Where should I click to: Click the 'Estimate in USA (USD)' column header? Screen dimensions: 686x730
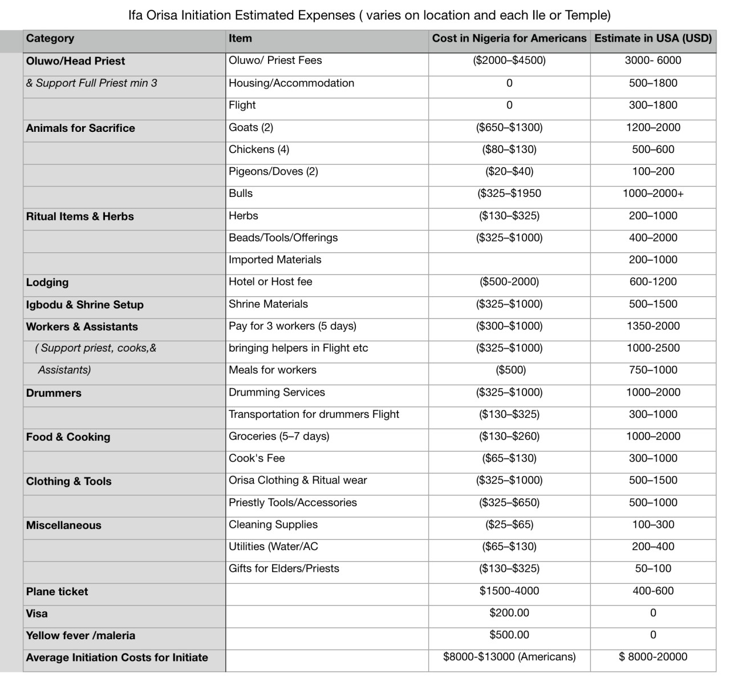(x=653, y=38)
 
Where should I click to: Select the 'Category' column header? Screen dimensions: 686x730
(x=50, y=38)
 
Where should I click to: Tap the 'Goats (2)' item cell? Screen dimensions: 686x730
(x=251, y=127)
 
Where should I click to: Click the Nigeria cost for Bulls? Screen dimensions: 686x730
(x=509, y=193)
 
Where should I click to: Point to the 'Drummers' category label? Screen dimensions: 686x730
(x=54, y=393)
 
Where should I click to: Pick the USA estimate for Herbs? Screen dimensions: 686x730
(x=653, y=216)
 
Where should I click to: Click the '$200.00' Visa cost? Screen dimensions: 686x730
(x=509, y=613)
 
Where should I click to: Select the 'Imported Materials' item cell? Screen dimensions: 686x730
(x=275, y=260)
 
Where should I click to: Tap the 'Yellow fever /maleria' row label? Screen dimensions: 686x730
(x=80, y=635)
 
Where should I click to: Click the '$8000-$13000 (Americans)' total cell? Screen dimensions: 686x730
(x=509, y=657)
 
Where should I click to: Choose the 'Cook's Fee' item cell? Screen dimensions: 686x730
(x=257, y=458)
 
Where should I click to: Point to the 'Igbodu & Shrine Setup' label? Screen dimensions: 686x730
(x=84, y=305)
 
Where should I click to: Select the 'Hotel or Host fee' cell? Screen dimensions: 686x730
(x=270, y=282)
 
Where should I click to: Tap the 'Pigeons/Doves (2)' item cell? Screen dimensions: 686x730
(x=273, y=171)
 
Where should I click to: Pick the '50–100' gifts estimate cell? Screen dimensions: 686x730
(x=653, y=568)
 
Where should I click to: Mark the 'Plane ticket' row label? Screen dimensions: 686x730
(x=57, y=591)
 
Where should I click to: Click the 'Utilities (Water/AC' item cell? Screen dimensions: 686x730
(x=273, y=547)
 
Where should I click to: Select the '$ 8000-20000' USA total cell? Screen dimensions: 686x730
(x=653, y=657)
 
